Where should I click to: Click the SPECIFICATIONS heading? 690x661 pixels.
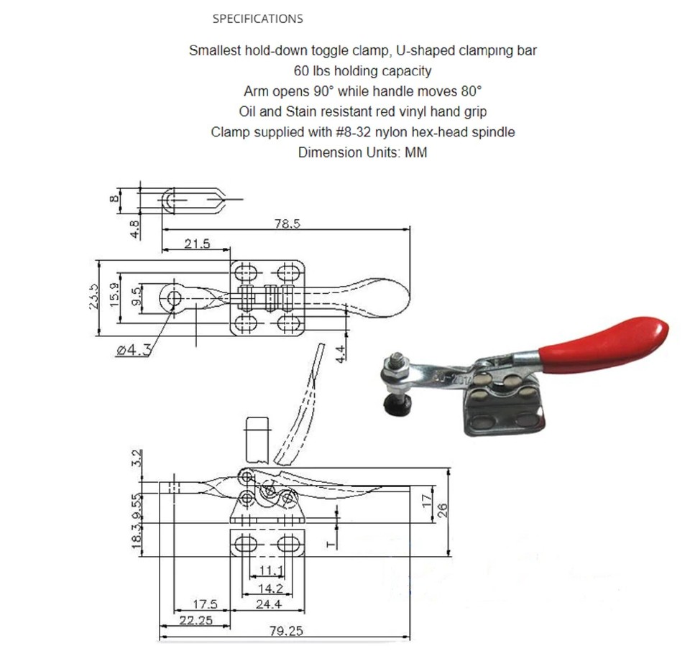[257, 19]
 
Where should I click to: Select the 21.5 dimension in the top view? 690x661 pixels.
[197, 244]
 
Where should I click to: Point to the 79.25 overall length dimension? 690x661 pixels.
[285, 631]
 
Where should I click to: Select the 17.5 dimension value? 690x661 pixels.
[205, 604]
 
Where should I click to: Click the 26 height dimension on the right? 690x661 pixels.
[443, 509]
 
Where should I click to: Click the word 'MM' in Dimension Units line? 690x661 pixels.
[416, 152]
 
